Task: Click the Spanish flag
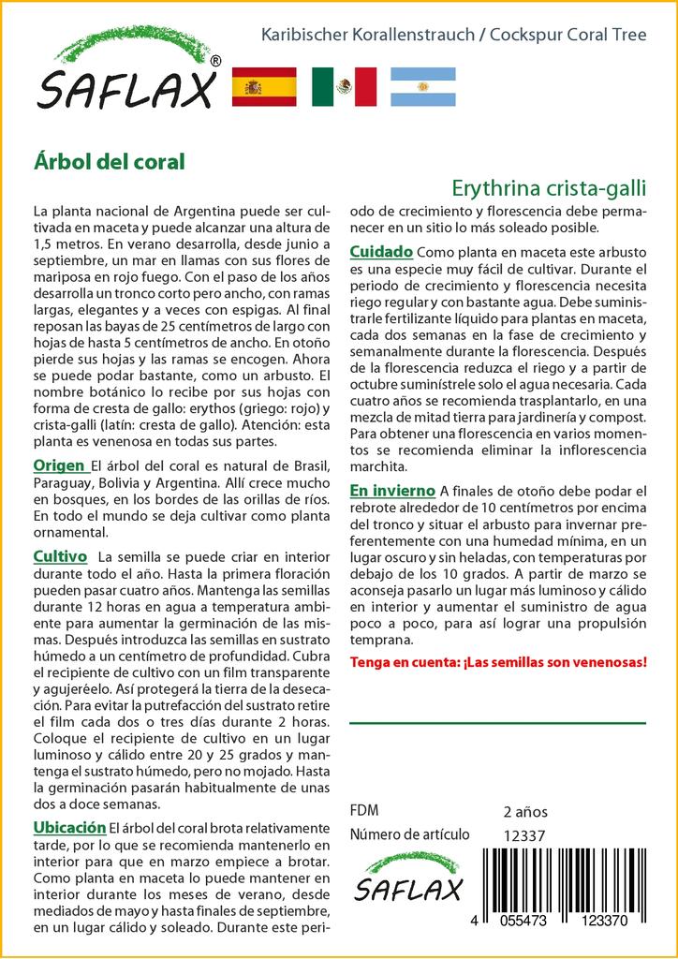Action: tap(263, 87)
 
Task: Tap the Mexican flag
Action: tap(344, 87)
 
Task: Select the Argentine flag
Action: tap(422, 87)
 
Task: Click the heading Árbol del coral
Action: tap(109, 161)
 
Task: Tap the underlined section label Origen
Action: tap(59, 465)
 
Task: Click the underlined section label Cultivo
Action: tap(60, 555)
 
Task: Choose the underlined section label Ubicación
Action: tap(69, 827)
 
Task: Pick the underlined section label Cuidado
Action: tap(381, 252)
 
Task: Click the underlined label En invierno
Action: tap(392, 490)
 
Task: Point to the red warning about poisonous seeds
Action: tap(497, 662)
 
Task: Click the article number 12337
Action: tap(523, 834)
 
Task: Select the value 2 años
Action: tap(525, 811)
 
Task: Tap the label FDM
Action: tap(363, 811)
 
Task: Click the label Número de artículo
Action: tap(409, 834)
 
